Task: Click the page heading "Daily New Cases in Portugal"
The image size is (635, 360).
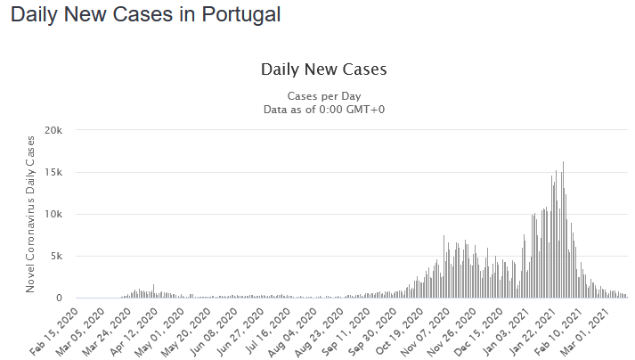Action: tap(145, 15)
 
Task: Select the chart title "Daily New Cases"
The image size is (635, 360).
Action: tap(323, 69)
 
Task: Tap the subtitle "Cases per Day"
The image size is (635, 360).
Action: tap(323, 95)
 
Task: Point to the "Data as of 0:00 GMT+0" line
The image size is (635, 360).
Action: tap(323, 109)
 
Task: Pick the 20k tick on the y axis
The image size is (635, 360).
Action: tap(54, 130)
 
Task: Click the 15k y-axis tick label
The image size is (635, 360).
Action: tap(54, 172)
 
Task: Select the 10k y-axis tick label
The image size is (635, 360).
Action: tap(54, 214)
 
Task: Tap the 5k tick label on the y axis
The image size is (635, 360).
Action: tap(57, 256)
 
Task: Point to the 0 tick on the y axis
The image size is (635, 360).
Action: tap(60, 298)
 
